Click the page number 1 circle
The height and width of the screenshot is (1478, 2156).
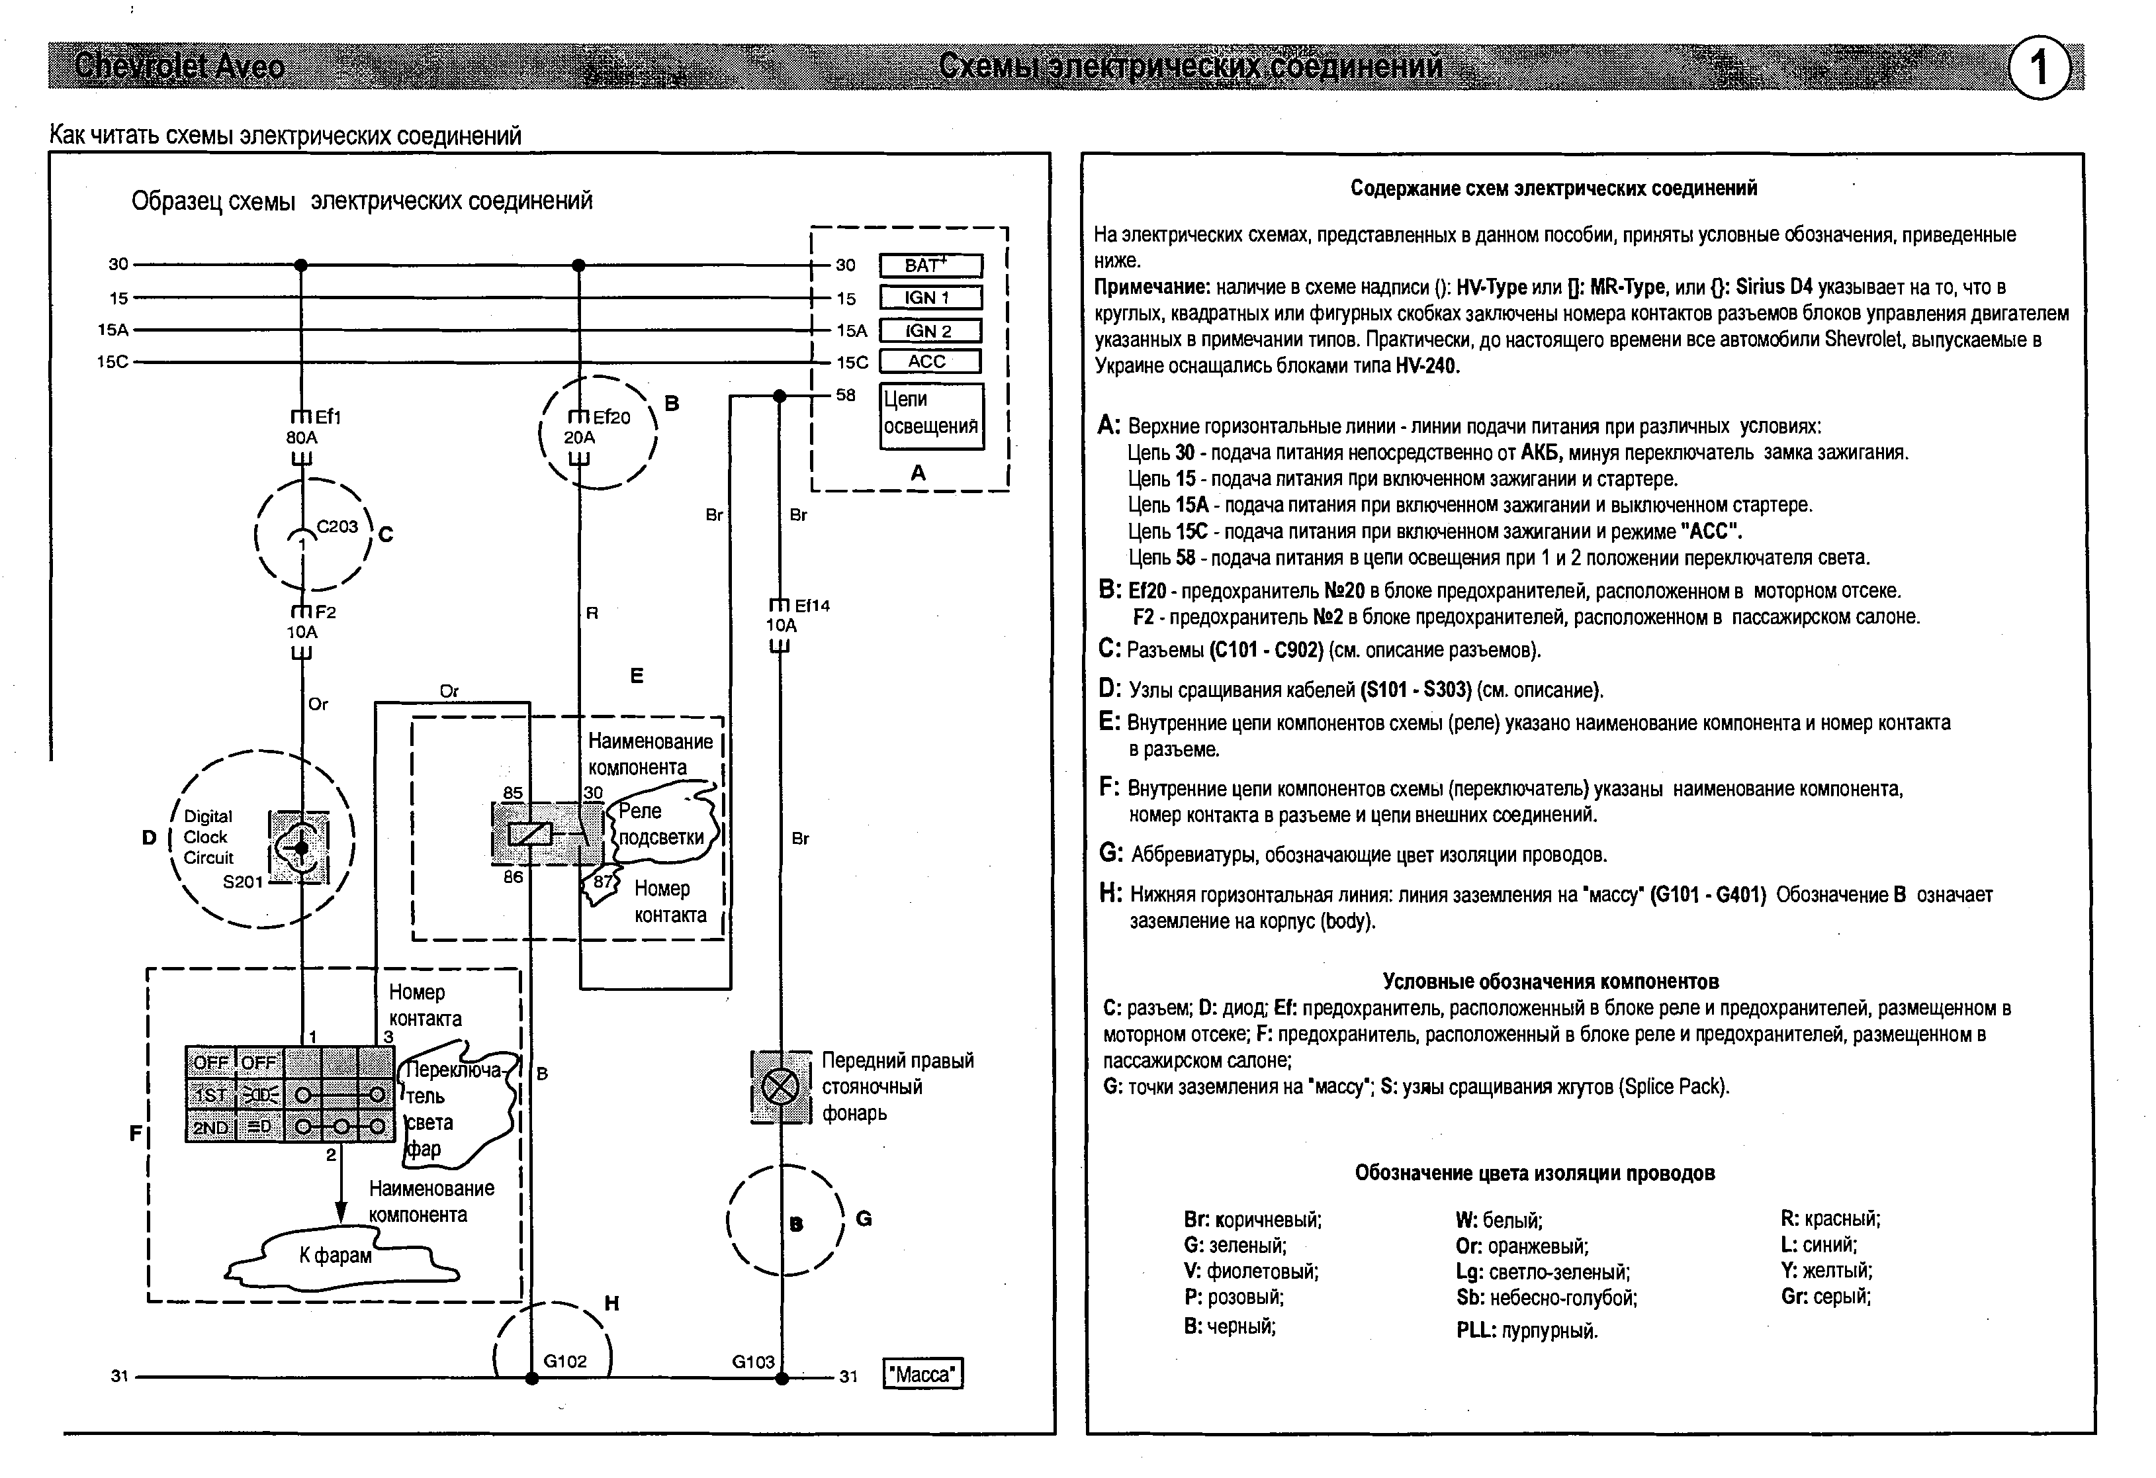2038,68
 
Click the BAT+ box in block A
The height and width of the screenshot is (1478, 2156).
930,265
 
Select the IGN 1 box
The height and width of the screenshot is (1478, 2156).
930,298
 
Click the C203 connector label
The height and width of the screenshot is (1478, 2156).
337,526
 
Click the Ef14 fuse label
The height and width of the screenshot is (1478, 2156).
812,606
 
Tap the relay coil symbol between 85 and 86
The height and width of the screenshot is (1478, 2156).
529,834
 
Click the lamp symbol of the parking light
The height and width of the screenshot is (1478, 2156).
780,1086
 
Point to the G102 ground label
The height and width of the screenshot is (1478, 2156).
565,1361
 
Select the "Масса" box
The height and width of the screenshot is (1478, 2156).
923,1374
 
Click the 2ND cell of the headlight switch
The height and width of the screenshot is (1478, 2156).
210,1127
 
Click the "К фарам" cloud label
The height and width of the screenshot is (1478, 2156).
335,1256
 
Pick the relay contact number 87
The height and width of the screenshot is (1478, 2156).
603,880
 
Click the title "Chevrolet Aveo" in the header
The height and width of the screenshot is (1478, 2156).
179,66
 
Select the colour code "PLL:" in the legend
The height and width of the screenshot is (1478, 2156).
1476,1330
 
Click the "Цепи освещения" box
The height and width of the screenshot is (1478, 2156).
930,414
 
